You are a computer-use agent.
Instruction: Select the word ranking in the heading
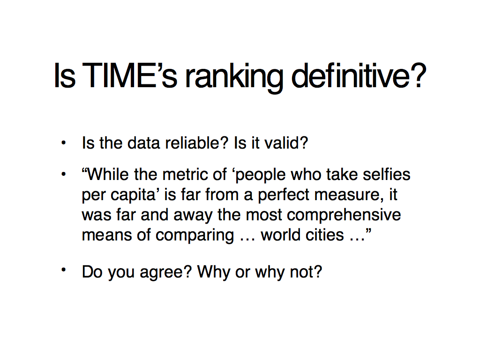coord(234,78)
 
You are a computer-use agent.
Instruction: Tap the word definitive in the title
coord(359,75)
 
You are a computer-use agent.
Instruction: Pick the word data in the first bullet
coord(143,143)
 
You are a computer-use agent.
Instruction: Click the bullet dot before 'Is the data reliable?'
coord(63,142)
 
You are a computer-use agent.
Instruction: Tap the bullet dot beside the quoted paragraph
coord(63,174)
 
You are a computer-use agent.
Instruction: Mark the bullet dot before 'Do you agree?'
coord(63,270)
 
